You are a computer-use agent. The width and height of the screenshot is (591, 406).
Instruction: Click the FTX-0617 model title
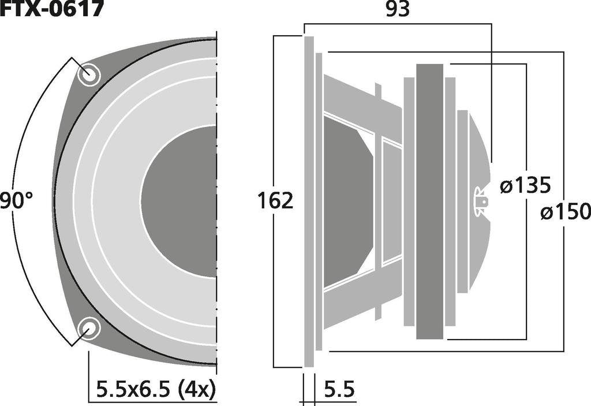pyautogui.click(x=52, y=9)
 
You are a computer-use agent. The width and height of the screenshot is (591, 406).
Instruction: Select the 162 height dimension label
pyautogui.click(x=275, y=200)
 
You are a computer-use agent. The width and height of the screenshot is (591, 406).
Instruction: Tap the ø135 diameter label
pyautogui.click(x=525, y=186)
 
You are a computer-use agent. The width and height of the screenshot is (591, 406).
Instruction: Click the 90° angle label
pyautogui.click(x=17, y=202)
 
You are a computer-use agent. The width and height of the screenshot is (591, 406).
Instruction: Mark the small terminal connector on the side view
pyautogui.click(x=480, y=202)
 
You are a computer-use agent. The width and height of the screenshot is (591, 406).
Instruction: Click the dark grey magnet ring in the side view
pyautogui.click(x=429, y=200)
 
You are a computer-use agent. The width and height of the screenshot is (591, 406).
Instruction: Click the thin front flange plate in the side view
pyautogui.click(x=309, y=200)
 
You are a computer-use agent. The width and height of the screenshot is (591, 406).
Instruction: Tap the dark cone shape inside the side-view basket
pyautogui.click(x=346, y=200)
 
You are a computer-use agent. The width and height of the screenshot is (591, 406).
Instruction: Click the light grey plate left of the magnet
pyautogui.click(x=409, y=200)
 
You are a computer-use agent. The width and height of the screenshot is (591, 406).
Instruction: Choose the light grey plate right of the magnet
pyautogui.click(x=450, y=200)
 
